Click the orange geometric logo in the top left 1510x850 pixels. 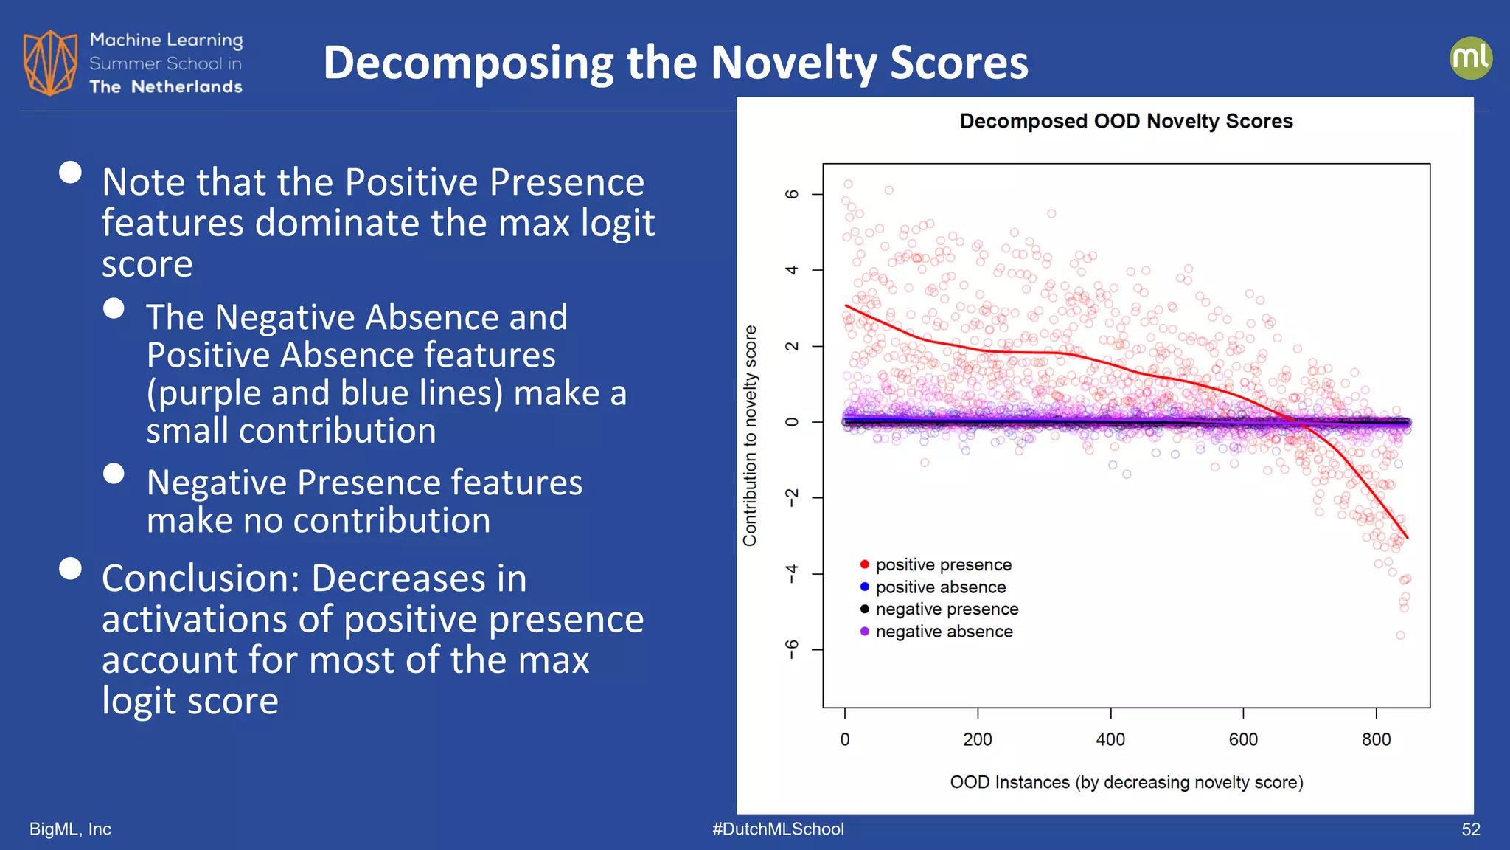tap(50, 63)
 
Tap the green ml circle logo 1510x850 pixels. tap(1470, 58)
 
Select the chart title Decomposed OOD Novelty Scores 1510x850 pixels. tap(1126, 121)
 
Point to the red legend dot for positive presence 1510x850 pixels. tap(864, 564)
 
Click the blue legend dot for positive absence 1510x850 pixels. tap(864, 587)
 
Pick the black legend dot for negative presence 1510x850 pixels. tap(864, 609)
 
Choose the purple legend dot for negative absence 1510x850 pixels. tap(864, 632)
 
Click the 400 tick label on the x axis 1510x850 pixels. tap(1110, 739)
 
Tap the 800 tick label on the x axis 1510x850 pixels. tap(1376, 739)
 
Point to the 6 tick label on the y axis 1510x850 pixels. tap(792, 194)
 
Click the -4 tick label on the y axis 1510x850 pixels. tap(792, 573)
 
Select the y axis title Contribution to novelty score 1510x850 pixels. tap(750, 435)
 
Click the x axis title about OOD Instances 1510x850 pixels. tap(1126, 782)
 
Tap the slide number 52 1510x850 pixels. tap(1470, 829)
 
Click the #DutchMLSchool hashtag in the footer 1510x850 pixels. tap(778, 829)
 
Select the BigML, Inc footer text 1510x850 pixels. tap(70, 829)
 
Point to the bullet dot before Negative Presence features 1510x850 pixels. tap(114, 474)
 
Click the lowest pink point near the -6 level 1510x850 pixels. tap(1400, 635)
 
